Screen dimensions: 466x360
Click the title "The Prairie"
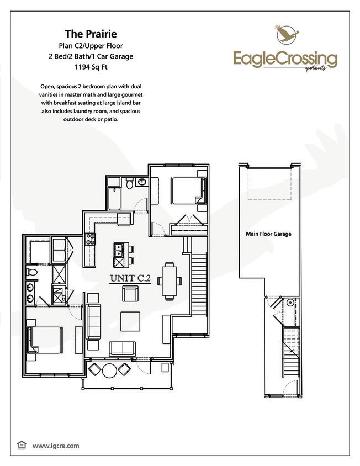(x=92, y=33)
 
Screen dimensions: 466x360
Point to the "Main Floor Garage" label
(x=268, y=234)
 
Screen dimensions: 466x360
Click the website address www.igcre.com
(x=56, y=445)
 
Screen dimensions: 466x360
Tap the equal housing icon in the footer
(x=22, y=444)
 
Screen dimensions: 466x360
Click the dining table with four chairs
(x=170, y=280)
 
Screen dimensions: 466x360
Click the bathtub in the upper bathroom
(x=115, y=199)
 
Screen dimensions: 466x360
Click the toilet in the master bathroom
(x=33, y=273)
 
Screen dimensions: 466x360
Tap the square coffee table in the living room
(x=130, y=320)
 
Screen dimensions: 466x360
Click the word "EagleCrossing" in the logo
(x=284, y=57)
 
